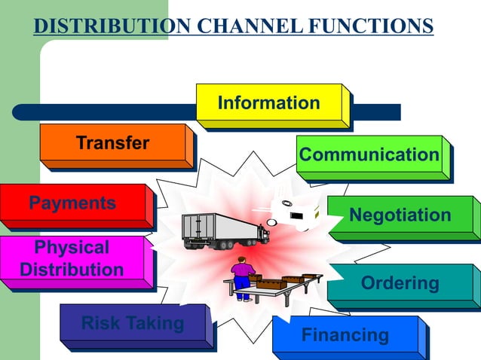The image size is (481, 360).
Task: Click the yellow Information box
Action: (x=269, y=103)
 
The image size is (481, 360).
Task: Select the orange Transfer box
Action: (x=112, y=143)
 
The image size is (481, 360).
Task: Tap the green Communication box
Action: (x=369, y=155)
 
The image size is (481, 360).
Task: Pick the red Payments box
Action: (x=72, y=203)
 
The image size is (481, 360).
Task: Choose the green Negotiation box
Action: (x=400, y=215)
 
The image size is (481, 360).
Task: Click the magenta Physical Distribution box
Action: (x=72, y=259)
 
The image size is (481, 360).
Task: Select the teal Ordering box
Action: (x=400, y=283)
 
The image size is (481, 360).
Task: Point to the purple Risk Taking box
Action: (x=133, y=324)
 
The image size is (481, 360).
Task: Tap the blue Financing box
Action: (x=345, y=335)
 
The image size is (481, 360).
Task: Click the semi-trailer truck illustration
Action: (x=225, y=230)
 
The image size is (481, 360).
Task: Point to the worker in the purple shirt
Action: (x=241, y=276)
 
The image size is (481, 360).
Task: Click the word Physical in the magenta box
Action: (x=72, y=248)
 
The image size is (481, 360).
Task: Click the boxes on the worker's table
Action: (x=283, y=282)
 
